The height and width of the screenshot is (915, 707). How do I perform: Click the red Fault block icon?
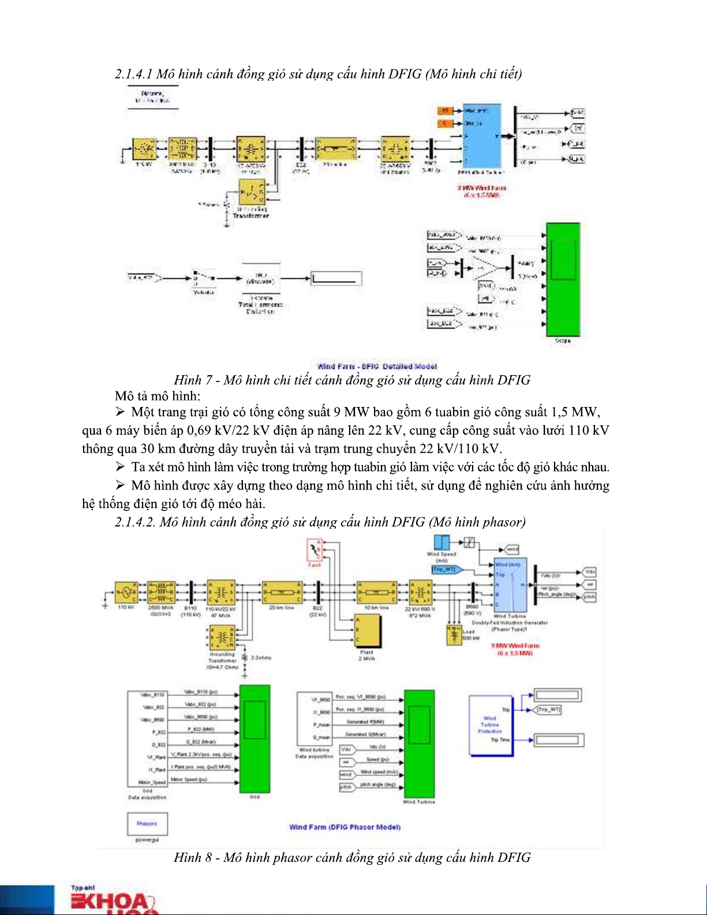(x=315, y=550)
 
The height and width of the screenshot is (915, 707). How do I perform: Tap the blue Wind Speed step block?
(x=442, y=542)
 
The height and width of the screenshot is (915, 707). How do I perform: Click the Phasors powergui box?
(x=147, y=824)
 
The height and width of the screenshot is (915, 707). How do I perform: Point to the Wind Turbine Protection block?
(x=490, y=725)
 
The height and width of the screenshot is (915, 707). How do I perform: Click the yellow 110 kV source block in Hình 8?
(x=126, y=592)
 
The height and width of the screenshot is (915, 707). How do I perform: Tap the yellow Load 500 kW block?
(x=454, y=634)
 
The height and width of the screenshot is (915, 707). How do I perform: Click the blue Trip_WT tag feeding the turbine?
(x=444, y=569)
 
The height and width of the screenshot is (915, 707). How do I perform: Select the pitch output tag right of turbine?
(x=589, y=597)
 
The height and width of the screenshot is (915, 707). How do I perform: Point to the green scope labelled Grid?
(x=255, y=739)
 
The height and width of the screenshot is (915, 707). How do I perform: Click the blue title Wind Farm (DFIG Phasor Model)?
(x=345, y=827)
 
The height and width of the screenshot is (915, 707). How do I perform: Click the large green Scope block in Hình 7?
(x=563, y=281)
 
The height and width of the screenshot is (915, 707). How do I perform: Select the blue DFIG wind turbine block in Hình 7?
(x=481, y=136)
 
